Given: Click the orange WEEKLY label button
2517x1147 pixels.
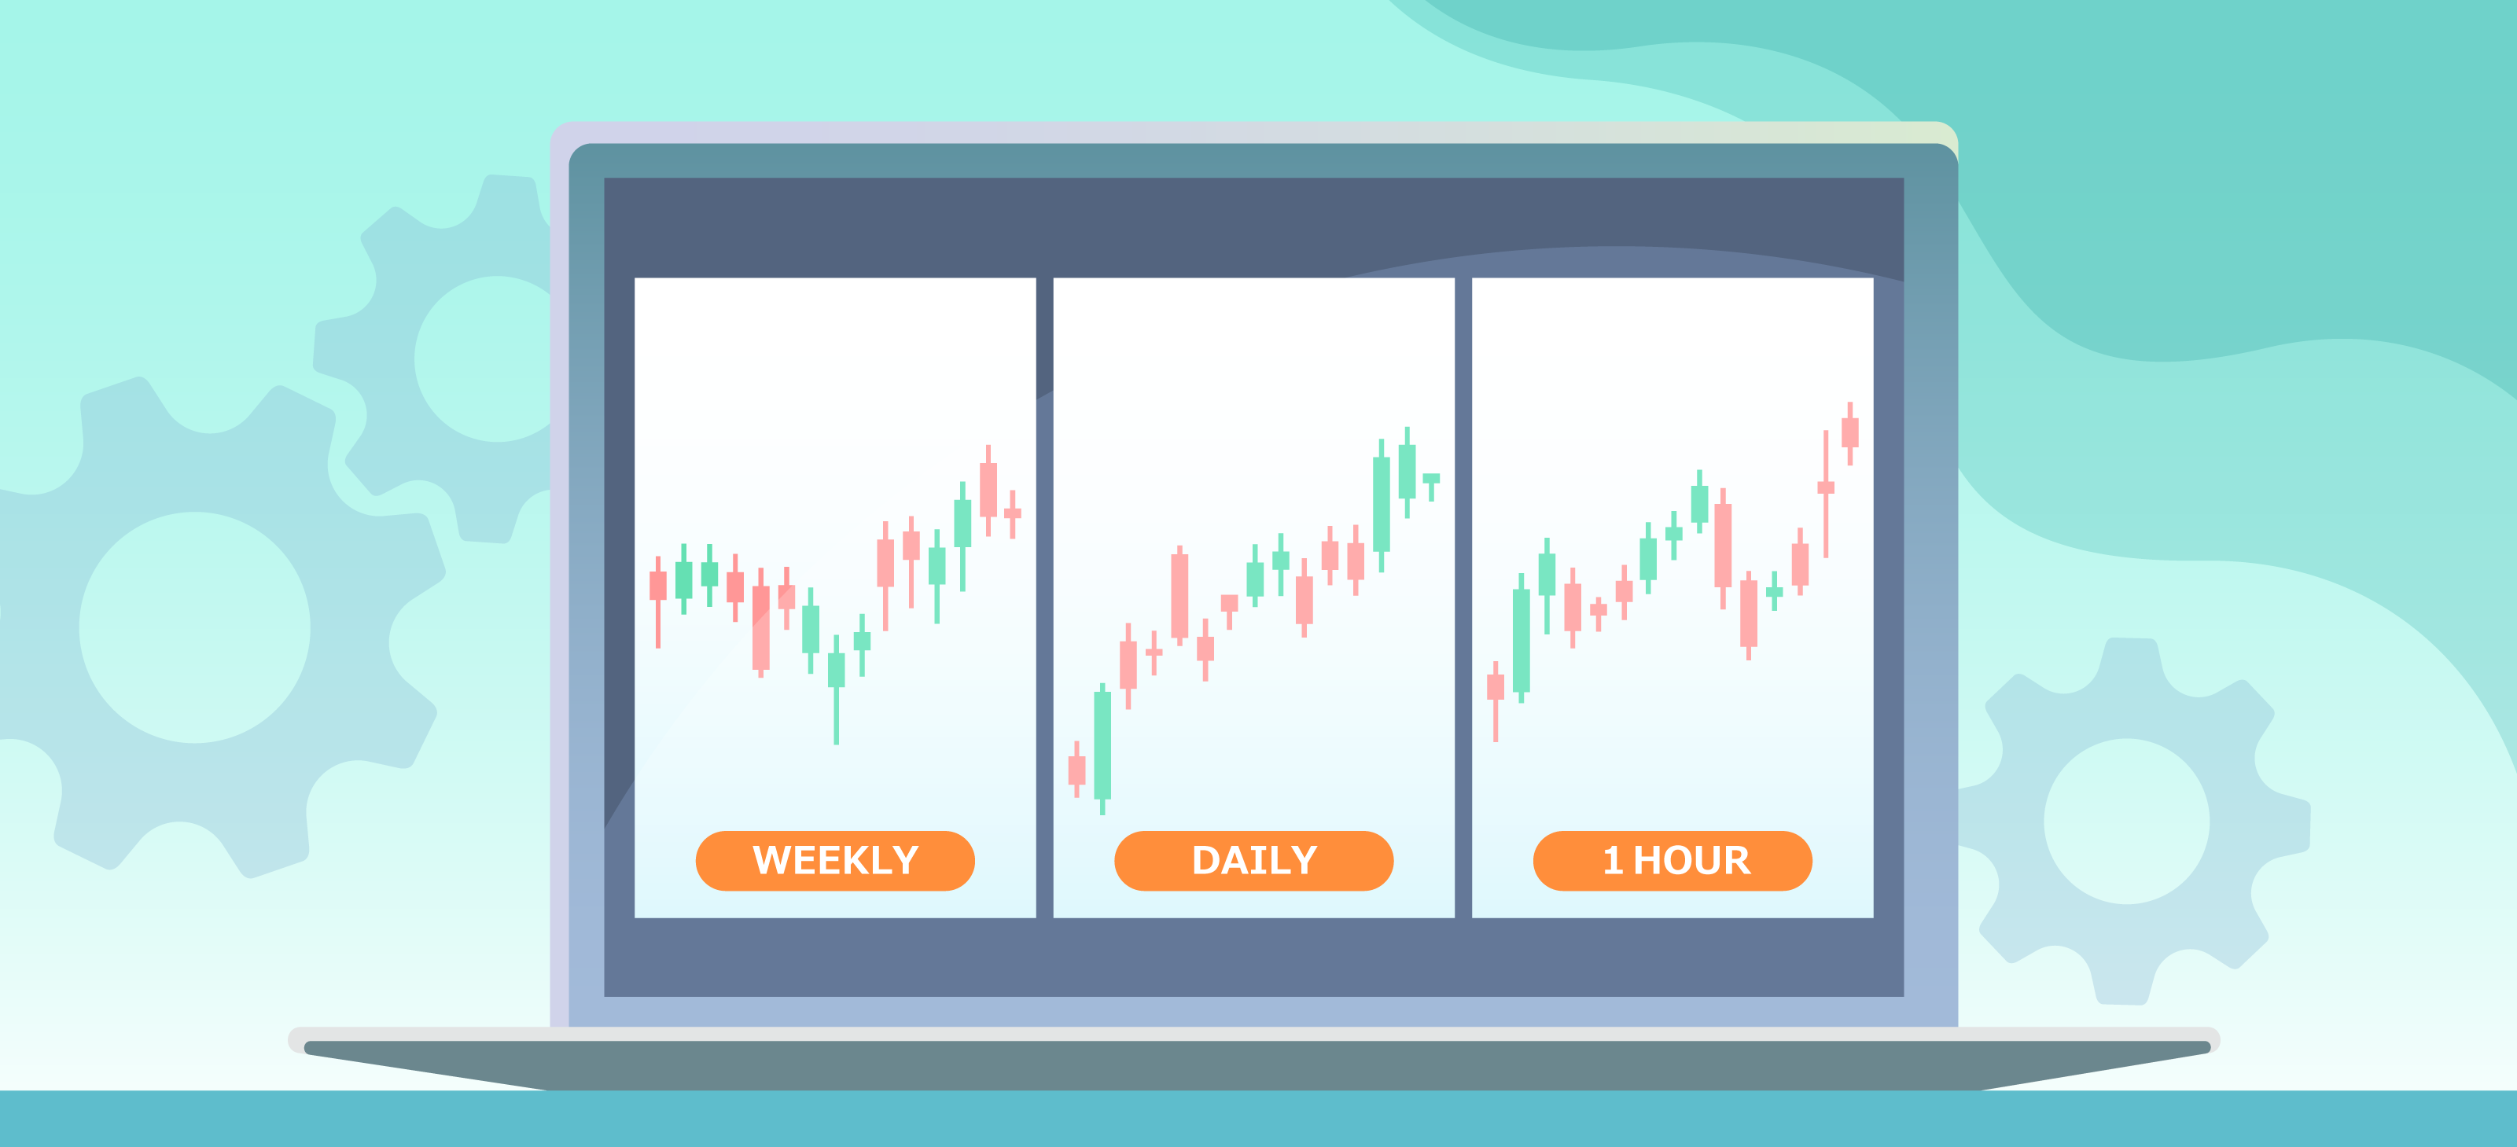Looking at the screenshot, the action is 835,861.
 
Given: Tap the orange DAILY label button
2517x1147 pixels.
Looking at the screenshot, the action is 1253,861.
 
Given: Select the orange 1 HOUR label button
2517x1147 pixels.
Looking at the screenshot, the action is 1672,861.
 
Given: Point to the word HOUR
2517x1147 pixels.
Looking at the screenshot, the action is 1692,861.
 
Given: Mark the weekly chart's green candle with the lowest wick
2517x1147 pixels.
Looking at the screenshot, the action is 837,689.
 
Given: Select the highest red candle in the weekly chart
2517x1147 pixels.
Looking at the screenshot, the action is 988,491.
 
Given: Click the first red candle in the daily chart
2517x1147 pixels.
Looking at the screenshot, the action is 1076,769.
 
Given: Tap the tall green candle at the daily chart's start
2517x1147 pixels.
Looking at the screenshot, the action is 1103,748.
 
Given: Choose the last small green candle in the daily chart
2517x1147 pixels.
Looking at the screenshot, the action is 1431,487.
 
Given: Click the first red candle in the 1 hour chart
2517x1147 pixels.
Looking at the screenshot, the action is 1496,701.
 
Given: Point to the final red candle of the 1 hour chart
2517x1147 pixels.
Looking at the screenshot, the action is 1849,433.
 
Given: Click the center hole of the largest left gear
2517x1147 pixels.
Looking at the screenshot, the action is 194,627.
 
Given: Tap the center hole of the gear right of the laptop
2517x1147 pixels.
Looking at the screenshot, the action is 2127,821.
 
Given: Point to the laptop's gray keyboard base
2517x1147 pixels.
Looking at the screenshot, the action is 1256,1065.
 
